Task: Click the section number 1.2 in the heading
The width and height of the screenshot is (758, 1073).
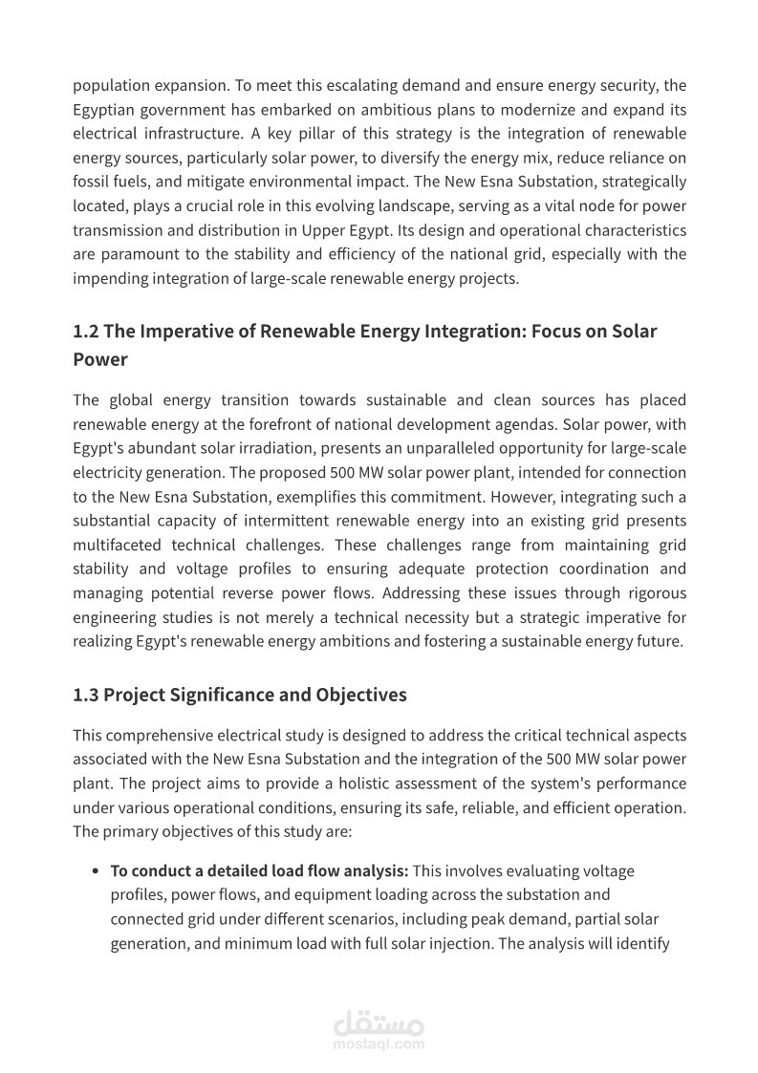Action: [x=85, y=332]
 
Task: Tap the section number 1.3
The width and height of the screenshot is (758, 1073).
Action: [x=85, y=695]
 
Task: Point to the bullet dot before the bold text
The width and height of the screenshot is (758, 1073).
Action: [x=96, y=871]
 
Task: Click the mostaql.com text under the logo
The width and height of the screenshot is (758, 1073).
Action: [x=379, y=1044]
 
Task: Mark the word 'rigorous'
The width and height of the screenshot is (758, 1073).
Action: [x=658, y=593]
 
